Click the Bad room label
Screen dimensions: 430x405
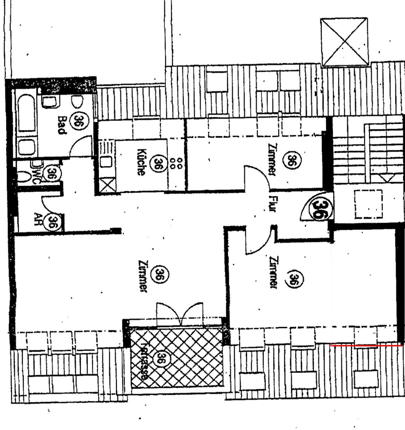point(62,125)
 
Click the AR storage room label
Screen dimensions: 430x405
point(37,219)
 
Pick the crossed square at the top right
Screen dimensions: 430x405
point(344,42)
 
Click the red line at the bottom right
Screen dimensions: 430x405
point(367,345)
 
